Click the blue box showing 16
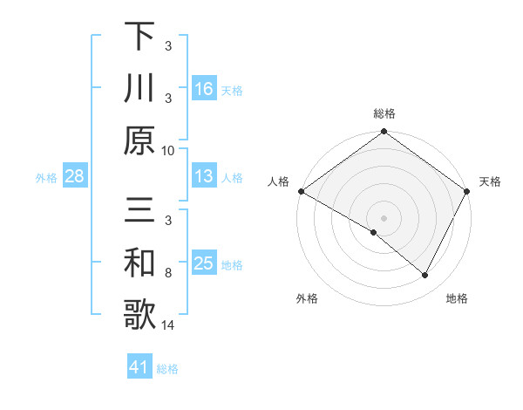coord(203,89)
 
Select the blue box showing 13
coord(203,177)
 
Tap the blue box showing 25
coord(203,264)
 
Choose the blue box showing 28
coord(74,177)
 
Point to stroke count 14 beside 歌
coord(168,325)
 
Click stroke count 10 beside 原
coord(168,150)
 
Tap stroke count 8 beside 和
coord(168,273)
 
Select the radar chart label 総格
coord(384,113)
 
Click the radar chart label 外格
coord(307,298)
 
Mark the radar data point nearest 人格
coord(301,191)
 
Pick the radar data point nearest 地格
coord(425,276)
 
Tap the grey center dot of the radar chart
coord(384,217)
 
